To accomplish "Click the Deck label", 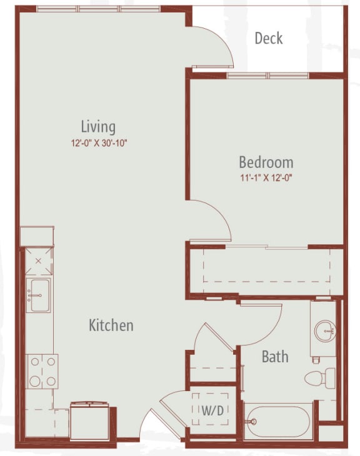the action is coord(269,38).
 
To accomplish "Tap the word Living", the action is coord(98,127).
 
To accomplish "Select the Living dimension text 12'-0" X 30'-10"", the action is coord(99,143).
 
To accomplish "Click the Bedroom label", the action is coord(266,162).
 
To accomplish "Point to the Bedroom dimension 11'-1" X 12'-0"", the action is coord(266,177).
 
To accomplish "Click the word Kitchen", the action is coord(111,325).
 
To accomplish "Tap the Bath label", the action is coord(275,357).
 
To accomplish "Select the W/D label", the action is coord(212,410).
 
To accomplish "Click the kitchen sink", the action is coord(38,295).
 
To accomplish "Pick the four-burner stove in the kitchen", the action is coord(42,372).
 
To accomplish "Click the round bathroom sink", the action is coord(325,331).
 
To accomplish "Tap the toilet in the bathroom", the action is coord(319,378).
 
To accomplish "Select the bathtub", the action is coord(278,421).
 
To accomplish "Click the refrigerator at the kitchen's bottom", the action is coord(89,420).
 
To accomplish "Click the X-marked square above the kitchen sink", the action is coord(39,261).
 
